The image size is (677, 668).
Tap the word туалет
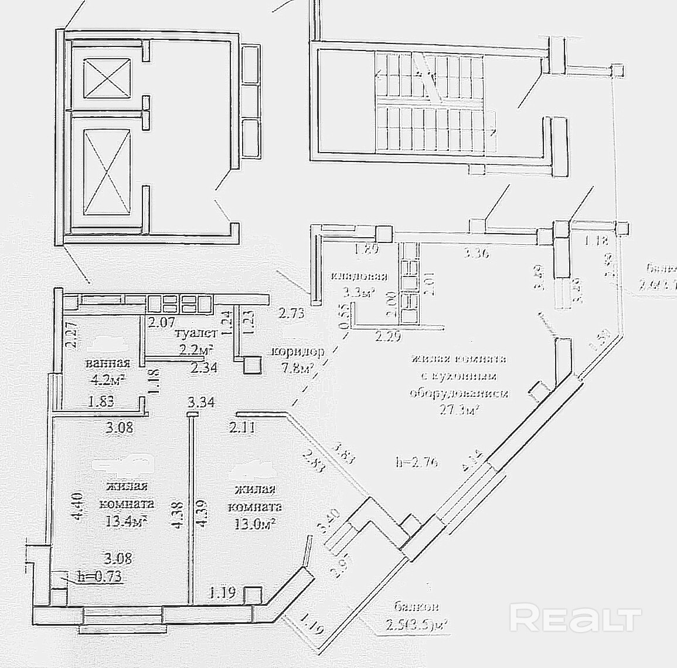tap(195, 333)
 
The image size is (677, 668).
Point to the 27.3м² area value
tap(460, 409)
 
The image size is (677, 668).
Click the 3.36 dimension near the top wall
tap(476, 253)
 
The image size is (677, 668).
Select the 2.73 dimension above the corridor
tap(291, 313)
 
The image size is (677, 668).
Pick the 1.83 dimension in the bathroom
tap(101, 403)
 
